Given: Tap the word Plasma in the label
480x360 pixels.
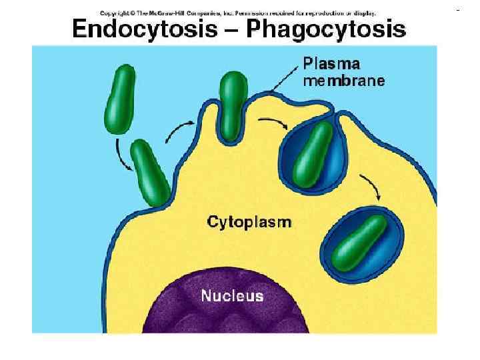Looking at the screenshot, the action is (331, 65).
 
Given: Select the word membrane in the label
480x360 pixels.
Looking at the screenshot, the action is (343, 81).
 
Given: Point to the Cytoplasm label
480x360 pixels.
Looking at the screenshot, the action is (249, 222).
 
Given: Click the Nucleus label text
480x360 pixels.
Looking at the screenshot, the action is (232, 296).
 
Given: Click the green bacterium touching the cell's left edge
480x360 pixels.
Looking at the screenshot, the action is (151, 173).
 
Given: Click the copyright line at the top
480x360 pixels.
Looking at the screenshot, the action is (237, 13).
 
